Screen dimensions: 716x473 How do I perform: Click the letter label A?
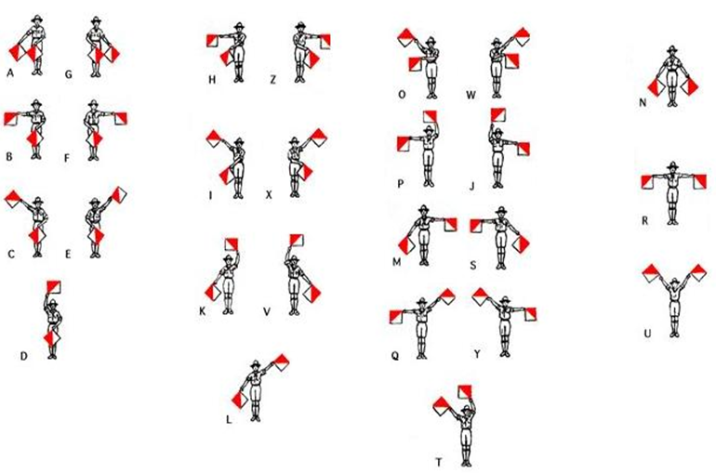point(10,72)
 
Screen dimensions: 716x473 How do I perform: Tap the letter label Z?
point(273,80)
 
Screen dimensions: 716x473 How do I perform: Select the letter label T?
point(439,462)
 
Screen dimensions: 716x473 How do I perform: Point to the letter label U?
point(647,334)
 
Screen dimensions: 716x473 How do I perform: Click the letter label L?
point(229,419)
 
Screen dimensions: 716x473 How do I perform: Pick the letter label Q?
point(395,355)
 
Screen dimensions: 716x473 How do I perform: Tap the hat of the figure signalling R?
point(672,165)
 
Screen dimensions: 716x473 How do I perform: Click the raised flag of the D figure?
point(54,287)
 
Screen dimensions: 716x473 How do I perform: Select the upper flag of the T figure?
point(465,392)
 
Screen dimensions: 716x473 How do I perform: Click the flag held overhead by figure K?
point(232,244)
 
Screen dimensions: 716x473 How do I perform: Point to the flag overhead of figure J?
point(497,115)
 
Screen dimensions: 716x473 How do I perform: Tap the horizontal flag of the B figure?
point(10,119)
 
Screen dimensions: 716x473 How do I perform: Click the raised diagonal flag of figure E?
point(118,195)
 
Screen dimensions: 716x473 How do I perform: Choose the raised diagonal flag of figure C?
point(14,199)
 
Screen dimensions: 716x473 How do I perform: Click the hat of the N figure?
point(671,50)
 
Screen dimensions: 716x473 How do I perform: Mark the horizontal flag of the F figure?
point(121,119)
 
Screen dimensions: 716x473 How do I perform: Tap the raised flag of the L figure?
point(281,361)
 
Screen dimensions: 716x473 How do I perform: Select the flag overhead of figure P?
point(431,117)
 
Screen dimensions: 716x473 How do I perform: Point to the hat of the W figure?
point(496,42)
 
